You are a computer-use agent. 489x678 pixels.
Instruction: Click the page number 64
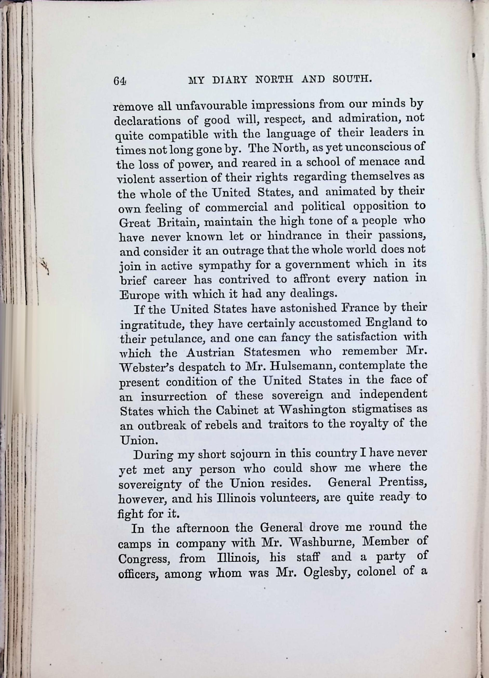(120, 81)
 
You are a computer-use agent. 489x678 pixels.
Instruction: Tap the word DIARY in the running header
(229, 80)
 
